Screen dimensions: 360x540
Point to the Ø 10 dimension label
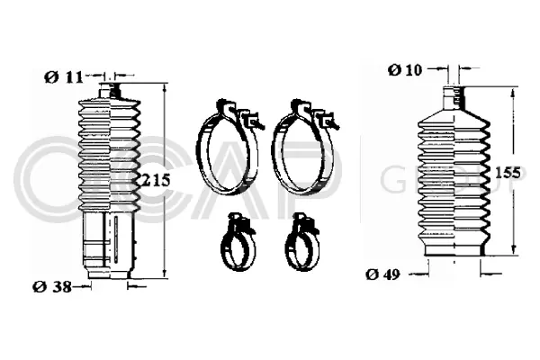coord(405,68)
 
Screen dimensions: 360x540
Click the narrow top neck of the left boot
coord(112,89)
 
